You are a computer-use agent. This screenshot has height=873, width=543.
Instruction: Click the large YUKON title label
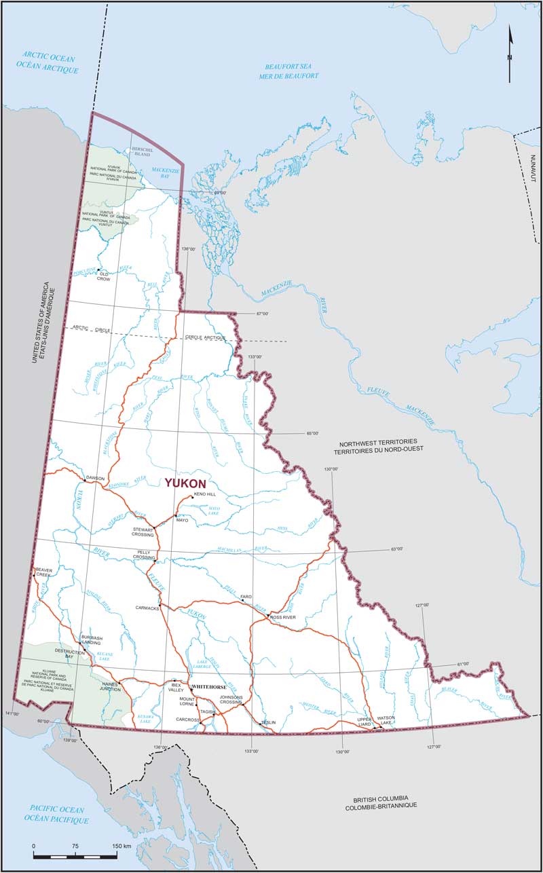[x=185, y=483]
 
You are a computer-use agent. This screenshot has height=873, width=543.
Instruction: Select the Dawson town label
[x=95, y=478]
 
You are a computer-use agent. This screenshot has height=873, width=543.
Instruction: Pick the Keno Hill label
[x=205, y=494]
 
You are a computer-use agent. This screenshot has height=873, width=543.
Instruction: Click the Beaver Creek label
[x=43, y=574]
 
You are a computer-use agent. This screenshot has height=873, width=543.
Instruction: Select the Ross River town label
[x=284, y=617]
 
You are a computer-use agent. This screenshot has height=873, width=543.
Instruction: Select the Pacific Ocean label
[x=57, y=815]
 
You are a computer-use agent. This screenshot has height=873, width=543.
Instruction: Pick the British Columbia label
[x=380, y=801]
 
